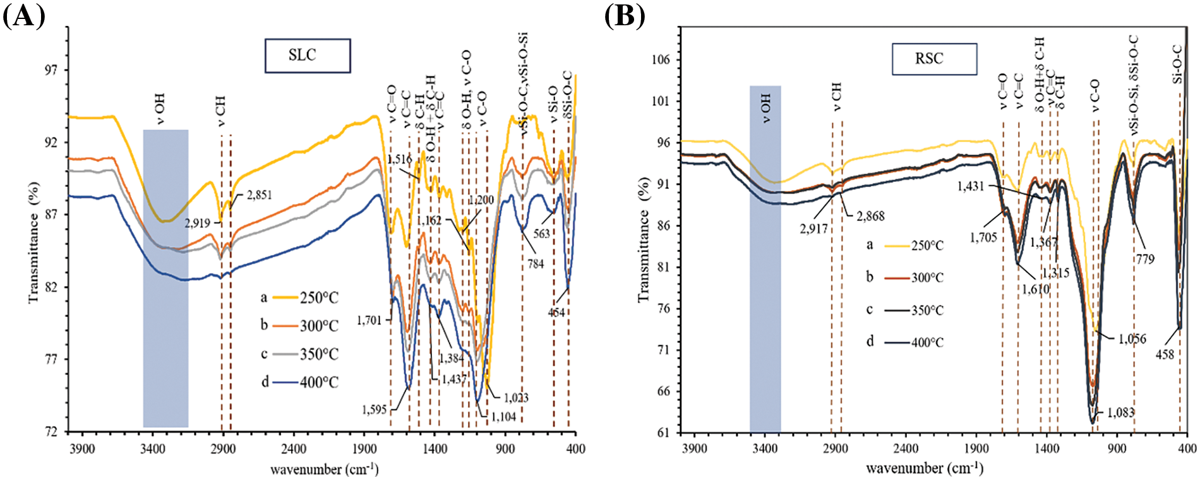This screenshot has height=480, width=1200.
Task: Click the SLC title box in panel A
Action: click(x=307, y=56)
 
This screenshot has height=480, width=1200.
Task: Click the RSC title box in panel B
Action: click(x=934, y=59)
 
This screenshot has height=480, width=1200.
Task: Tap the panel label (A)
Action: click(x=23, y=15)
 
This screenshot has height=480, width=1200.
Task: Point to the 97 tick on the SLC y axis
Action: click(x=50, y=70)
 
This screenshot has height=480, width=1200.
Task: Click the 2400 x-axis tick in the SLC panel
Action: click(x=293, y=448)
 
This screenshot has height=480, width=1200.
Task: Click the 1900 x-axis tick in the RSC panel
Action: click(x=976, y=448)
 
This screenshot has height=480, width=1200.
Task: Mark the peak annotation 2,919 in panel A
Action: click(x=197, y=223)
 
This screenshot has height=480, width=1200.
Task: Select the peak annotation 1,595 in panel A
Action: click(x=374, y=409)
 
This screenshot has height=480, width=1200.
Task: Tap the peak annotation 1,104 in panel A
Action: click(x=503, y=417)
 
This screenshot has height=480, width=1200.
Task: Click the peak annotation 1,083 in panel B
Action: click(x=1120, y=412)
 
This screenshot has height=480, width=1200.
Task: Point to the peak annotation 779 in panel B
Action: click(x=1145, y=259)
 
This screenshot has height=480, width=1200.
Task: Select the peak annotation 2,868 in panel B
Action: click(x=870, y=216)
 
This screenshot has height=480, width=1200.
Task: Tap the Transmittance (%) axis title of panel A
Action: click(x=34, y=242)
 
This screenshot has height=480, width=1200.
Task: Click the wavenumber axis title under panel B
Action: click(x=924, y=469)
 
